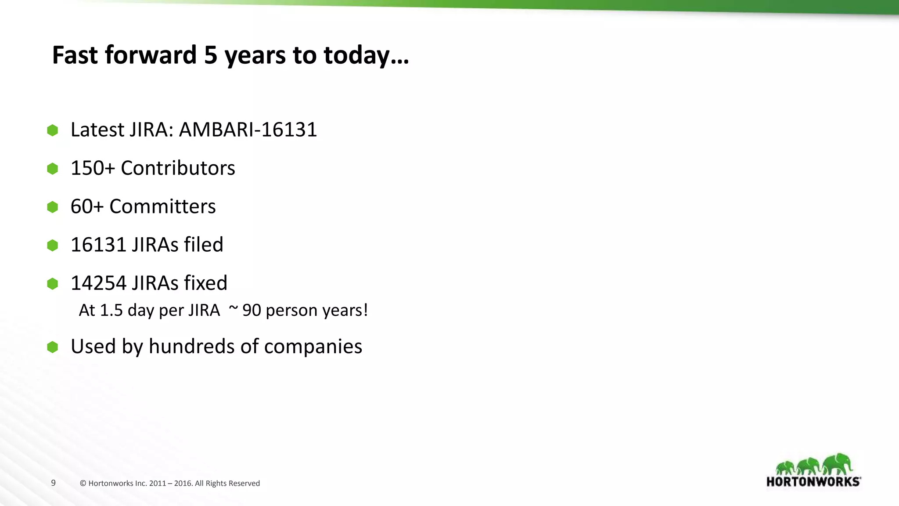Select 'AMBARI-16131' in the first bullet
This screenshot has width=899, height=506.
(248, 130)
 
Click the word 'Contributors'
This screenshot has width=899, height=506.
(178, 168)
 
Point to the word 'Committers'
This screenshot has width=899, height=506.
(162, 206)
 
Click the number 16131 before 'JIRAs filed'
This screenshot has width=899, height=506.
(98, 245)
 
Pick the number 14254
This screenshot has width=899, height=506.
(98, 283)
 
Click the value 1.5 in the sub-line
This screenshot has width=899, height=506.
(111, 310)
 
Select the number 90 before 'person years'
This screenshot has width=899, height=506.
(252, 310)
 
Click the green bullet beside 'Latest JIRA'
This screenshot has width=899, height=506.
(53, 130)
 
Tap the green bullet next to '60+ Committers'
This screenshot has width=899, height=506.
(53, 207)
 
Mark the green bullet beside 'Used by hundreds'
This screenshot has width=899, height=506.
(53, 347)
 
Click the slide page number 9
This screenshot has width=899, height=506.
(54, 483)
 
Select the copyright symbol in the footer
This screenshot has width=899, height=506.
(83, 484)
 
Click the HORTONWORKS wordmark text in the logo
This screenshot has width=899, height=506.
(813, 481)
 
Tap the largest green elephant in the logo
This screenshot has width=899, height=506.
(838, 464)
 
